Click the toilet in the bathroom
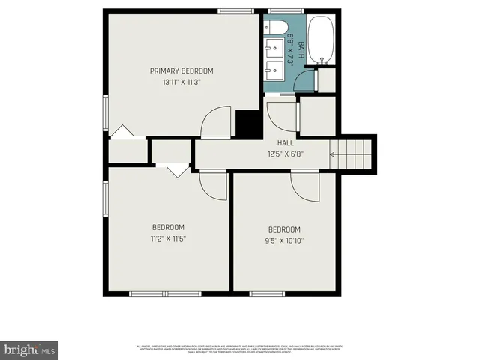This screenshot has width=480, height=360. tap(274, 28)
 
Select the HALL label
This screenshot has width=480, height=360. tap(285, 142)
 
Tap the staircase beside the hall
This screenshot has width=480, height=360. tap(352, 154)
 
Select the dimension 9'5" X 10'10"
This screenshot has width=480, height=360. tap(284, 241)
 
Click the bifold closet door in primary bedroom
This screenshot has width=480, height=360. tap(122, 133)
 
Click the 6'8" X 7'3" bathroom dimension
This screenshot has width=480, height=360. tap(289, 52)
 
